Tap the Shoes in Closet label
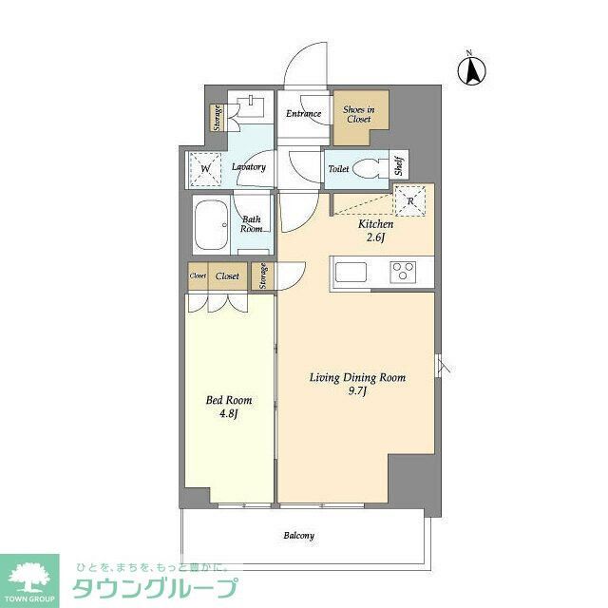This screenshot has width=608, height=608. [x=358, y=115]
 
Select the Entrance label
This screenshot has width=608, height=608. [x=303, y=115]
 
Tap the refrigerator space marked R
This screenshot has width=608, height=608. [x=410, y=201]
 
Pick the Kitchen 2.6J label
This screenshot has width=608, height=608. [x=374, y=231]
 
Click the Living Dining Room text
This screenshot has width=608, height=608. [x=357, y=377]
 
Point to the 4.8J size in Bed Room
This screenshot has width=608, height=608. [x=229, y=413]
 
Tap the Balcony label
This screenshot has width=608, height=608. [x=298, y=536]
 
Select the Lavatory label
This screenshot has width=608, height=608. [x=248, y=168]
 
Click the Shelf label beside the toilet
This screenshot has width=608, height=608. [x=400, y=167]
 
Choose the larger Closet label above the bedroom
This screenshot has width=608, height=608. [x=227, y=276]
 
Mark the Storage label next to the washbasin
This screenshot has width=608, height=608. [x=217, y=117]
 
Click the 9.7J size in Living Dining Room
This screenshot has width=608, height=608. [x=357, y=390]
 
